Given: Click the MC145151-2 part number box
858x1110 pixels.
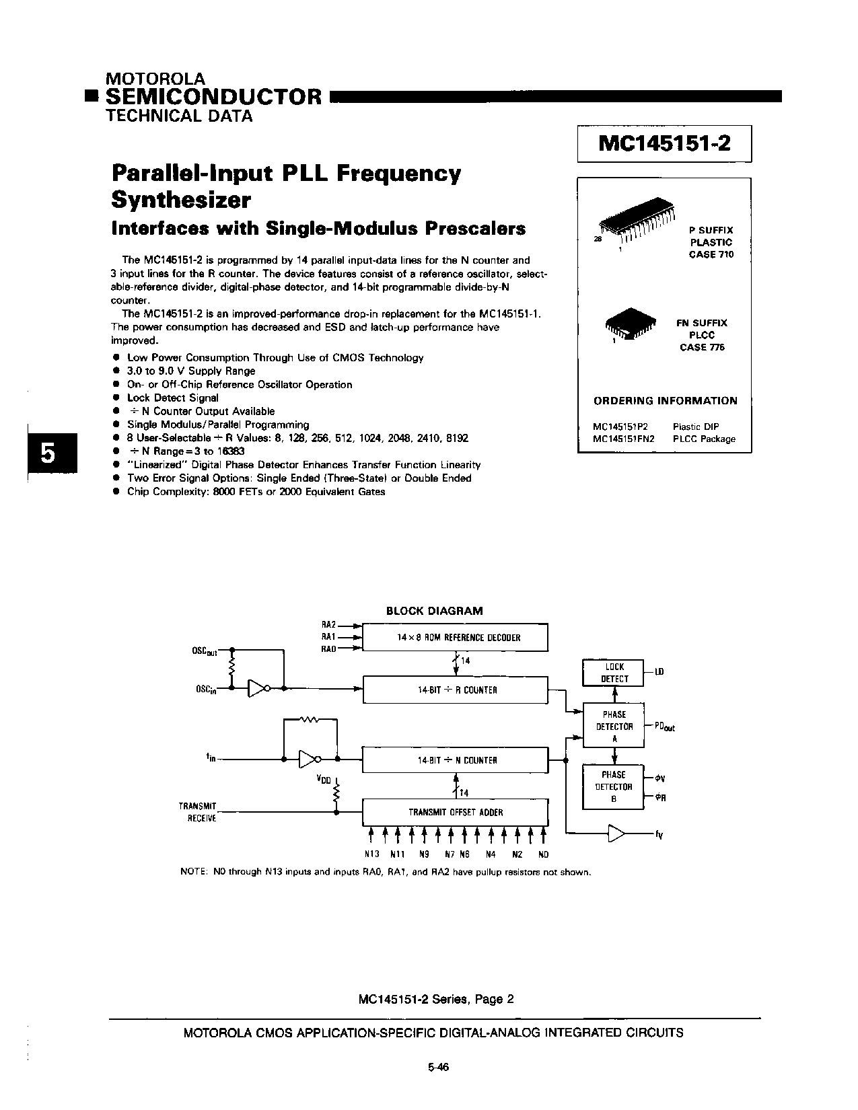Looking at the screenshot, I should click(664, 144).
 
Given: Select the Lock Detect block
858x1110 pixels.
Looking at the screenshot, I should click(614, 673).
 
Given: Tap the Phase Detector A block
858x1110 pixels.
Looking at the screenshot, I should click(614, 726).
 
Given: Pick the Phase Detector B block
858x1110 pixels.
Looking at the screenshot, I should click(614, 786).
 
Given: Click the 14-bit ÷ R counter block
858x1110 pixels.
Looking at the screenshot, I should click(456, 690).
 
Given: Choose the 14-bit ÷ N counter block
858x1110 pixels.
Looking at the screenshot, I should click(456, 760).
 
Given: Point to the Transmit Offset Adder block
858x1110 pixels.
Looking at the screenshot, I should click(456, 812).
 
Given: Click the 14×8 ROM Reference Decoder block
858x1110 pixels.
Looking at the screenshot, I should click(456, 637).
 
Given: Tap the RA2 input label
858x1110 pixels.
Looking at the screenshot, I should click(328, 625).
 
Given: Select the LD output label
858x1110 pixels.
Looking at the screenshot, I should click(659, 672).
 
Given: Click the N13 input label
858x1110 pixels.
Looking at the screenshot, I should click(371, 854).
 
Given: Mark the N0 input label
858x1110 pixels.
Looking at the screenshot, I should click(543, 854).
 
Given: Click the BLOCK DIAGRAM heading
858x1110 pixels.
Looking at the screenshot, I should click(434, 611).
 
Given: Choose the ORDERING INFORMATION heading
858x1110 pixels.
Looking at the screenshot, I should click(665, 401).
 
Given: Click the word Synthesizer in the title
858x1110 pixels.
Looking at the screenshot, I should click(180, 200).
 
